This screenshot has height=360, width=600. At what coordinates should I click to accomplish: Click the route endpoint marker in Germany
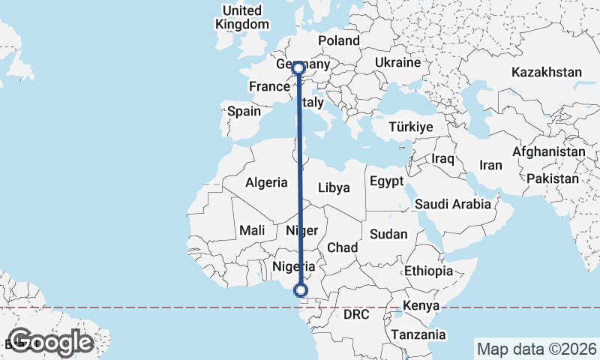pos(298,68)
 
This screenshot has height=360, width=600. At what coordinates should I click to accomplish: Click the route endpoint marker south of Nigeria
pos(301,290)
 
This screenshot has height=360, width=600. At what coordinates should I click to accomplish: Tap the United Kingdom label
pos(241,17)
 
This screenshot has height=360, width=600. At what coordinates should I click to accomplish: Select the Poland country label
pos(338,40)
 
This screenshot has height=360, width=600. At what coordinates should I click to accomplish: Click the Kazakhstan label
pos(547,72)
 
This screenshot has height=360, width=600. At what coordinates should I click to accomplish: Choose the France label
pos(269,86)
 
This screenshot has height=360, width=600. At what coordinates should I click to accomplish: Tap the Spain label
pos(244,111)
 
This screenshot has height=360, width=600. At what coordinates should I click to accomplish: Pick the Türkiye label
pos(411,127)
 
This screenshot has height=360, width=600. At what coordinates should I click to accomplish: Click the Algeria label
pos(266,182)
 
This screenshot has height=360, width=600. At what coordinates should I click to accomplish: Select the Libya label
pos(334,187)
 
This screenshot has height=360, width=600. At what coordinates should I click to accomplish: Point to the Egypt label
pos(387,181)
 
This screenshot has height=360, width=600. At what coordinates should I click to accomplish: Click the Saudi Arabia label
pos(452,204)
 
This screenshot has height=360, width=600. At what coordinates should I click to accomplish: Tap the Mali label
pos(252,231)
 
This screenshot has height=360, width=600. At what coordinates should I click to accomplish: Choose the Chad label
pos(342,247)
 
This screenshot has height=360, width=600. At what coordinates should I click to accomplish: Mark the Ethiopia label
pos(428,271)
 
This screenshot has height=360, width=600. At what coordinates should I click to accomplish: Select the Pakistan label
pos(553,179)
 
